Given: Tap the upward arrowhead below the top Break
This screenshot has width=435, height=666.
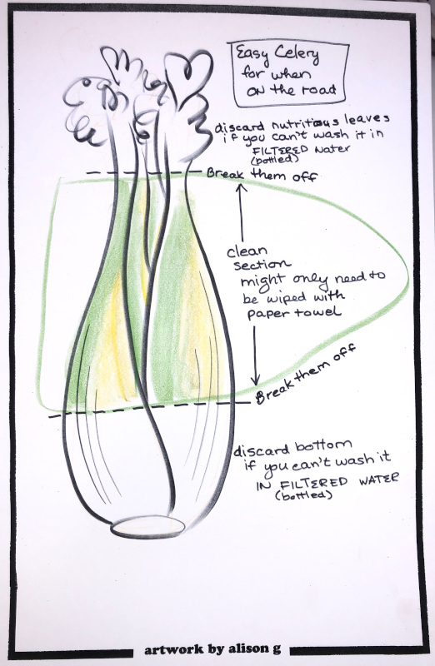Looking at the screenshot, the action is pos(242,187).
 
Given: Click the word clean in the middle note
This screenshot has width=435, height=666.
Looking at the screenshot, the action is pos(247,251).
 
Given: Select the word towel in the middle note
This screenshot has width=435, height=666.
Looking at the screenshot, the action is pos(324,312).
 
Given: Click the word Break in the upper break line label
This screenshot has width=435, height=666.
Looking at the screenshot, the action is pos(225,173).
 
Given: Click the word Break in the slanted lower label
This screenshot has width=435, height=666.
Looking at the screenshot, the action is pos(274,390).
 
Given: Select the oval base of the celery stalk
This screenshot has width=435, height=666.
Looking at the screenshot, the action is pos(148,526).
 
